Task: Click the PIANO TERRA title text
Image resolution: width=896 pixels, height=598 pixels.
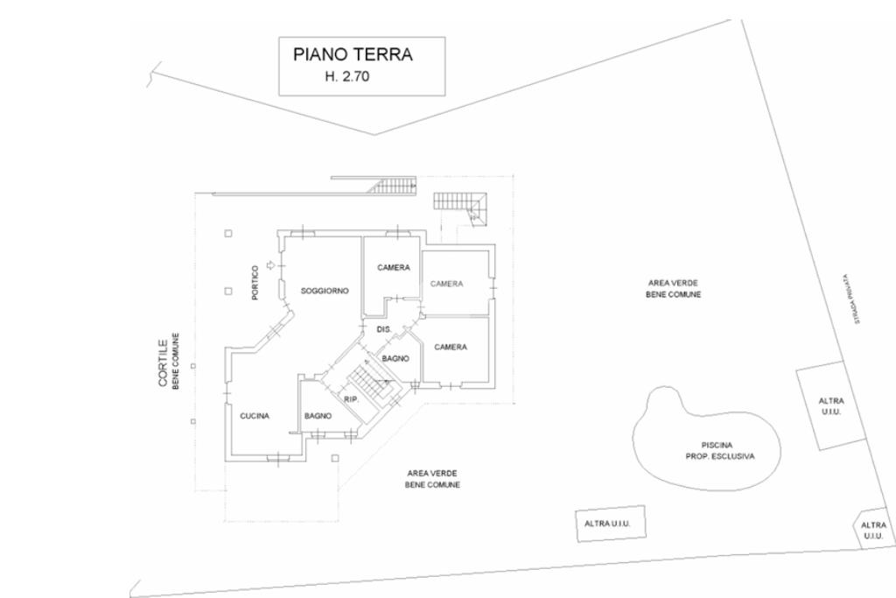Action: [x=353, y=54]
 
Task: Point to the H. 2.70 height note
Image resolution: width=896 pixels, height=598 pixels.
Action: [x=347, y=77]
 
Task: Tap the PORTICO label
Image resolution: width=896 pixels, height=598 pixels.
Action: [x=255, y=283]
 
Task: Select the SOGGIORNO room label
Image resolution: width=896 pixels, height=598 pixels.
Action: [x=325, y=290]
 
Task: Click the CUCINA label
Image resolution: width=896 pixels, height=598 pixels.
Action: [x=255, y=416]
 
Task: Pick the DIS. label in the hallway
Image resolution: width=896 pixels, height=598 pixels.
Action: [x=383, y=329]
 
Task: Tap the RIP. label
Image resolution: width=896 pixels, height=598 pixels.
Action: [x=351, y=399]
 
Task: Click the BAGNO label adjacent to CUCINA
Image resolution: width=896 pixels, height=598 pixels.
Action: [x=317, y=416]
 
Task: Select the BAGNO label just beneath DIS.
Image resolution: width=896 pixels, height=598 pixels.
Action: [x=395, y=358]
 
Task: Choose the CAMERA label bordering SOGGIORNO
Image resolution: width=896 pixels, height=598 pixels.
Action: [x=394, y=267]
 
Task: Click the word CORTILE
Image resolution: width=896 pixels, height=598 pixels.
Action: [x=163, y=363]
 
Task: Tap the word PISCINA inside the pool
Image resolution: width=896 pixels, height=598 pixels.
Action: [x=717, y=445]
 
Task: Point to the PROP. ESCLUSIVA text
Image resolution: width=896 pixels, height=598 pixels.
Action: [x=719, y=456]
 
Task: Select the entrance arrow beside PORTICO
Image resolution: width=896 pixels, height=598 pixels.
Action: [x=270, y=264]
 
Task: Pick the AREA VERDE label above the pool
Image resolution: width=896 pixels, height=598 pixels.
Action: [x=673, y=283]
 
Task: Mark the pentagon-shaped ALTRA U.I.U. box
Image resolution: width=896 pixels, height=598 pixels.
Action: [x=872, y=530]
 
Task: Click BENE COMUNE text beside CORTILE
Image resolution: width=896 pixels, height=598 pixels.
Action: [x=176, y=361]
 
